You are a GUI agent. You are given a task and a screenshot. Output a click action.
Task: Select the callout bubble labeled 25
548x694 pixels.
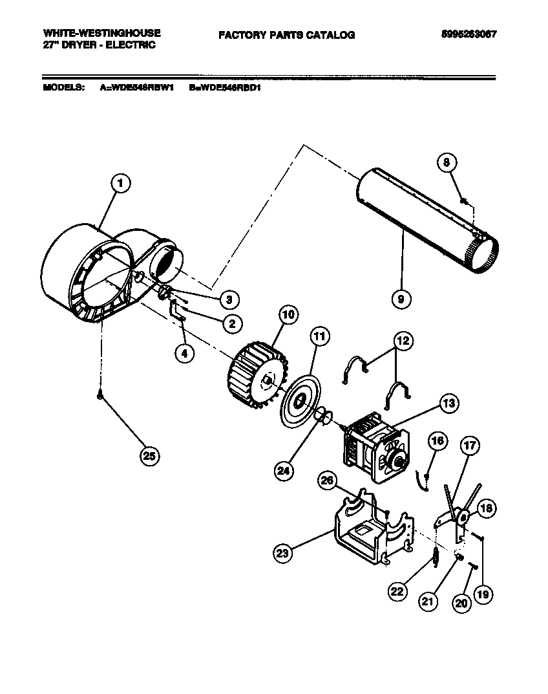coord(151,455)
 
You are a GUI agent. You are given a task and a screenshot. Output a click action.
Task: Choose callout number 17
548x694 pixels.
coord(470,445)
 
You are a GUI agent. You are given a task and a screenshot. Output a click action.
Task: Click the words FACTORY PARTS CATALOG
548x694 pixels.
coord(286,35)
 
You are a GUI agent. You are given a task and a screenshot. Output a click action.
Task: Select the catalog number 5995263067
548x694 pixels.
coord(464,34)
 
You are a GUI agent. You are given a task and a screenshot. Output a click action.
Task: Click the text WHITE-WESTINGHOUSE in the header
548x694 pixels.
coord(101,32)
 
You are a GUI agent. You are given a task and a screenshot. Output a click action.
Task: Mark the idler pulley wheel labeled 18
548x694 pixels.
coord(463,517)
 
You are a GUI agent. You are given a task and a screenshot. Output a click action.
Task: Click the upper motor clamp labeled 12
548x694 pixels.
coord(354,373)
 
